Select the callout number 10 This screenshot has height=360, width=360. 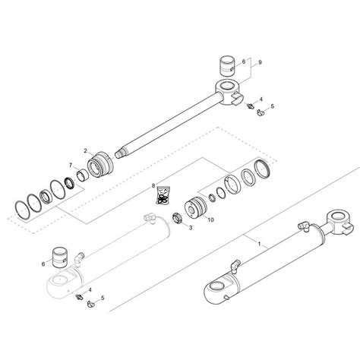click(210, 220)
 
